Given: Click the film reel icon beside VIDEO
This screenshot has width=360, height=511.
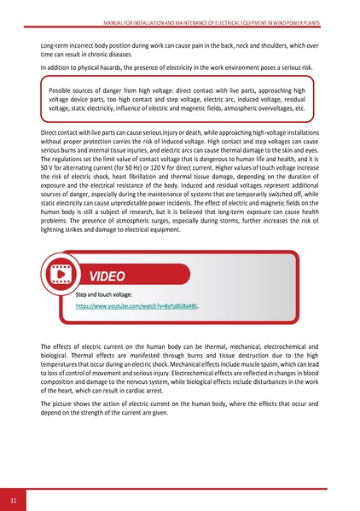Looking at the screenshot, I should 61,276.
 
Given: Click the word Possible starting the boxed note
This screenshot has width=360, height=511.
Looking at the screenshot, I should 64,89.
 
